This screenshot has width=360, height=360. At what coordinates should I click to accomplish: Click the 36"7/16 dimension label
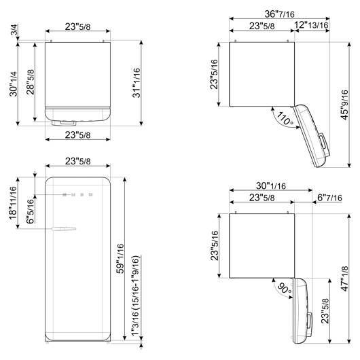pos(279,14)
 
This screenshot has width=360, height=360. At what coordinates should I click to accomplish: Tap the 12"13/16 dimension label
pos(311,25)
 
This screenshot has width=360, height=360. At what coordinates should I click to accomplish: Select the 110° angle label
pos(285,119)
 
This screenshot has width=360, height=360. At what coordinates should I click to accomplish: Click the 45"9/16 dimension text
pos(344,105)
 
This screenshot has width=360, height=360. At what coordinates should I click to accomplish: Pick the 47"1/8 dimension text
pos(344,278)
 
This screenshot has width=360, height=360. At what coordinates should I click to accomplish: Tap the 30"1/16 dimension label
pos(271,185)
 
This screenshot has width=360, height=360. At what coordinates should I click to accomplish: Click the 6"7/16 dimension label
pos(329,198)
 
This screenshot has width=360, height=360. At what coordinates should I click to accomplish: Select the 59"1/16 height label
pos(120,259)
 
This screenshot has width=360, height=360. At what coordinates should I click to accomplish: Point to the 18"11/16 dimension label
pos(13,202)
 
